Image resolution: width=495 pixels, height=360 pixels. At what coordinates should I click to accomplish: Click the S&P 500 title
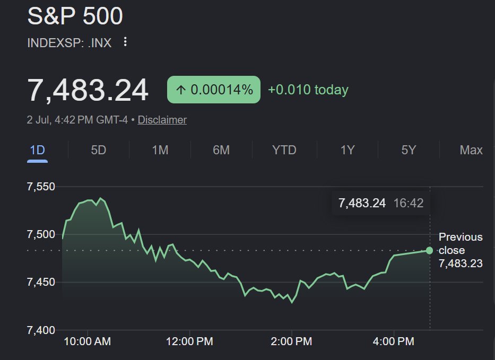[75, 16]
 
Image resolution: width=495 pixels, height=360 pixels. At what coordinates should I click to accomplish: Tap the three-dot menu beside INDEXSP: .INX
[125, 42]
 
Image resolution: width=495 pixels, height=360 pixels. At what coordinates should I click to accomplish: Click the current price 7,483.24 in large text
[88, 90]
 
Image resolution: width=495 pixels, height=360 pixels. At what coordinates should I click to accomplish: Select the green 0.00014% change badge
[214, 90]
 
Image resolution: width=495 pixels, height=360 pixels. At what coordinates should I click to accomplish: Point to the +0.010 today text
[308, 90]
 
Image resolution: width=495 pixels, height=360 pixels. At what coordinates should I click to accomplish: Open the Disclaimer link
[162, 120]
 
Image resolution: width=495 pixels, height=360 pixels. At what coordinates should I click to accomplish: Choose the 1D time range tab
[37, 150]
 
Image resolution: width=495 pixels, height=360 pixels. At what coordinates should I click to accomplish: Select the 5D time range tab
[99, 150]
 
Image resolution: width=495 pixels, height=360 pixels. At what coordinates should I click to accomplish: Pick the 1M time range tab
[160, 150]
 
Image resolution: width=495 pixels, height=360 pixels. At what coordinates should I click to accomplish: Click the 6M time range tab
[221, 150]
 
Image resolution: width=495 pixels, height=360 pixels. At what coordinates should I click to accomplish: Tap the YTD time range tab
[284, 150]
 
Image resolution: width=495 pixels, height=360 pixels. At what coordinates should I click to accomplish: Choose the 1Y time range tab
[348, 150]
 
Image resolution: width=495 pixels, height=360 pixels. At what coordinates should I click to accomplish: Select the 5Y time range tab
[409, 150]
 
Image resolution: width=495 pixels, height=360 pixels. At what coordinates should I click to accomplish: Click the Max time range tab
[471, 150]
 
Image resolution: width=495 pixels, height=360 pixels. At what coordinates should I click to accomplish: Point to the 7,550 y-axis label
[41, 187]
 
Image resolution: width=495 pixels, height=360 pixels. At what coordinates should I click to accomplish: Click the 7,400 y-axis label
[41, 330]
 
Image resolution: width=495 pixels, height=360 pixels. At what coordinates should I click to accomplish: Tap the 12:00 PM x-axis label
[189, 341]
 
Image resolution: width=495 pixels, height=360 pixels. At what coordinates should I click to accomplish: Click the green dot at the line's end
[429, 251]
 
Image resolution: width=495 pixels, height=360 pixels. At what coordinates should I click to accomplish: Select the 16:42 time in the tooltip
[409, 203]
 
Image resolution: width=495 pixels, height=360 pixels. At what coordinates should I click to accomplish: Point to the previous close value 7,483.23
[461, 263]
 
